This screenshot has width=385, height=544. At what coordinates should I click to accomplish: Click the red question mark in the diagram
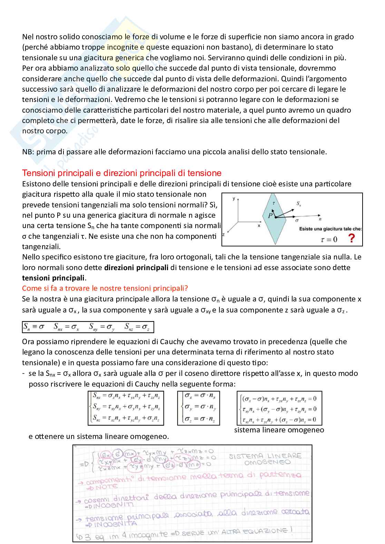[351, 238]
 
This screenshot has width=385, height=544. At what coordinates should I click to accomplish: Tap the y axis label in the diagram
[234, 199]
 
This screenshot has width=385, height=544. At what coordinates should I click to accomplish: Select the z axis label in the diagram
[224, 234]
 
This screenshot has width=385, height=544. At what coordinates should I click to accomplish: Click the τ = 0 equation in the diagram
[329, 239]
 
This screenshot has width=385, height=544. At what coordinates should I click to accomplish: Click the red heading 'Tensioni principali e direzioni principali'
[121, 173]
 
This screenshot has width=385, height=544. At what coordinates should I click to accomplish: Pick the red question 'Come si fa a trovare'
[105, 288]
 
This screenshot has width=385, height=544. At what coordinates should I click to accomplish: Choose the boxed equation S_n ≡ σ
[34, 327]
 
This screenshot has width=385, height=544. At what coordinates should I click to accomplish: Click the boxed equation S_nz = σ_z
[137, 327]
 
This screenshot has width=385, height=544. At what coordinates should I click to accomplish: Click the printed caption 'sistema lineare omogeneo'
[279, 430]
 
